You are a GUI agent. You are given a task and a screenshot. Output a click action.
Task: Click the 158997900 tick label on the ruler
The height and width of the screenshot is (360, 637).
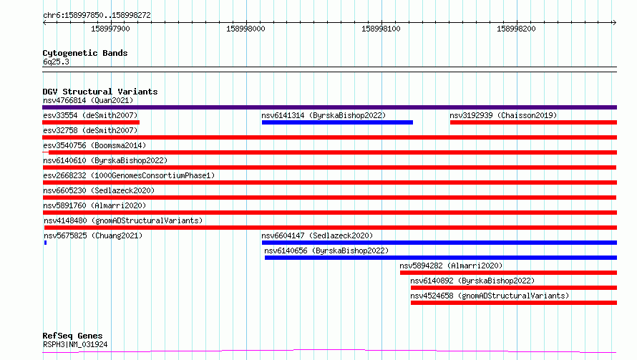(x=110, y=29)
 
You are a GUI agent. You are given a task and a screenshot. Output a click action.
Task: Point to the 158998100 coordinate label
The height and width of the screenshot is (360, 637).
(x=381, y=29)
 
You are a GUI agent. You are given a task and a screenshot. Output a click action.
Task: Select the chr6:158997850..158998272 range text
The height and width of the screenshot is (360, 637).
(x=97, y=15)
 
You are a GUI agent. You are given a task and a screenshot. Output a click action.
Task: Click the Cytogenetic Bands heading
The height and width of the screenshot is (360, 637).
(x=85, y=53)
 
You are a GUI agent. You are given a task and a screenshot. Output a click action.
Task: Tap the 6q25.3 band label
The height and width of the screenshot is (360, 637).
(x=56, y=62)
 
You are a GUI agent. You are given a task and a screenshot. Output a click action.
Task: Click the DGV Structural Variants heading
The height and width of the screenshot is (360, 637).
(x=100, y=92)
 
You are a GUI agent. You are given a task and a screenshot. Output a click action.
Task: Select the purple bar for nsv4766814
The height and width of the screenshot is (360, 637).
(x=329, y=107)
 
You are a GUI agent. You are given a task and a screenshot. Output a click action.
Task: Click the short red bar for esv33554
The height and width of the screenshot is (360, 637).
(x=91, y=122)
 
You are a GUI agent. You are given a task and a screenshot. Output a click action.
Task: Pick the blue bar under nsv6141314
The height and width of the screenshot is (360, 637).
(x=337, y=122)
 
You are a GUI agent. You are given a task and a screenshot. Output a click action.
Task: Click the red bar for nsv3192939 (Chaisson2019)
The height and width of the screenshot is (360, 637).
(x=533, y=122)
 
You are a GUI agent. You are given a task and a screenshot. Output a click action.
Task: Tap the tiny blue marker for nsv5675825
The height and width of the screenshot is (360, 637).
(x=46, y=243)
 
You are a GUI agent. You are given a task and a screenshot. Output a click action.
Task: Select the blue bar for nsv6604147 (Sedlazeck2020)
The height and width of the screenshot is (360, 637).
(x=439, y=243)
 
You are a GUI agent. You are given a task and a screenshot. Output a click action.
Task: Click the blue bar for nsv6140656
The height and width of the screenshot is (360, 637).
(x=441, y=258)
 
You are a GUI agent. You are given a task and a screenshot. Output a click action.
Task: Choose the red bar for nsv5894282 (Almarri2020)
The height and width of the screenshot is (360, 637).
(x=509, y=273)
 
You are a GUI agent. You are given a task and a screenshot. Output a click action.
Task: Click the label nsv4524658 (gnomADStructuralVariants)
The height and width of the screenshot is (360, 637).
(x=490, y=296)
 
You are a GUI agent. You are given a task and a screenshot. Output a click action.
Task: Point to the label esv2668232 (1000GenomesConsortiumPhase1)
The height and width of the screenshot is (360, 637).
(x=129, y=175)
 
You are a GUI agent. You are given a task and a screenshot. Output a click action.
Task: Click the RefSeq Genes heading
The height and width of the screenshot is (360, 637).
(x=73, y=336)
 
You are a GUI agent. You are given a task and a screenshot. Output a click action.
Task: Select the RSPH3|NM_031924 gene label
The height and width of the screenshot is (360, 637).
(x=75, y=344)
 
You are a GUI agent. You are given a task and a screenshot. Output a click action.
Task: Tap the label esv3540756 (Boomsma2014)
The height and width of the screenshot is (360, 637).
(x=94, y=145)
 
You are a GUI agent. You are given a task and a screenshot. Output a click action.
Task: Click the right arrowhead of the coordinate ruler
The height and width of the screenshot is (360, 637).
(x=615, y=22)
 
